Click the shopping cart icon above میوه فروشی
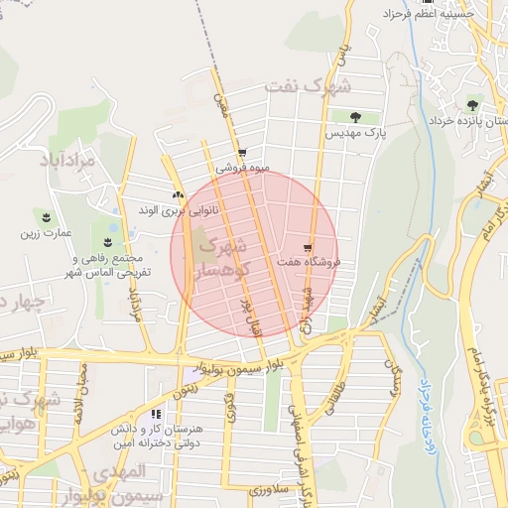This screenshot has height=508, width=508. point(241,154)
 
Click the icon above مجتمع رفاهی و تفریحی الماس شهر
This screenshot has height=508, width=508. point(107,242)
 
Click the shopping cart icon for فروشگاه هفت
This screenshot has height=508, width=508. point(308,248)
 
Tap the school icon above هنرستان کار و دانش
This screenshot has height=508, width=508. point(156,414)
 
